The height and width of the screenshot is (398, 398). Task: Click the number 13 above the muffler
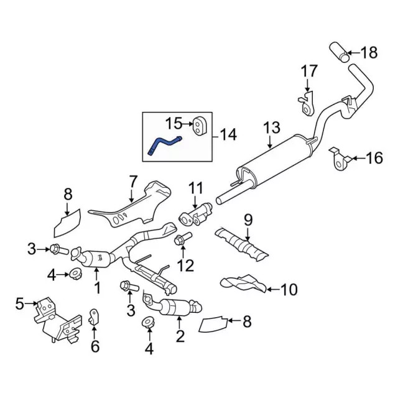pyautogui.click(x=272, y=129)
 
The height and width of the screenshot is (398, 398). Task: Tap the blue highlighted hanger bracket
pyautogui.click(x=163, y=144)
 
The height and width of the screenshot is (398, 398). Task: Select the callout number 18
pyautogui.click(x=369, y=52)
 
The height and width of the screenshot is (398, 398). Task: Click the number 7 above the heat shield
pyautogui.click(x=132, y=182)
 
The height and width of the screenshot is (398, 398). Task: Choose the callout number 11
pyautogui.click(x=197, y=187)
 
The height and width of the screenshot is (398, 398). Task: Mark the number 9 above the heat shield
pyautogui.click(x=248, y=219)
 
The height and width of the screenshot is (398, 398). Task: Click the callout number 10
pyautogui.click(x=289, y=289)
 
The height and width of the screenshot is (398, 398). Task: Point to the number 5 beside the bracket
pyautogui.click(x=19, y=303)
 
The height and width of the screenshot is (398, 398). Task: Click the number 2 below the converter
pyautogui.click(x=180, y=338)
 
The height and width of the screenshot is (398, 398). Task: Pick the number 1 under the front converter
pyautogui.click(x=97, y=288)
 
